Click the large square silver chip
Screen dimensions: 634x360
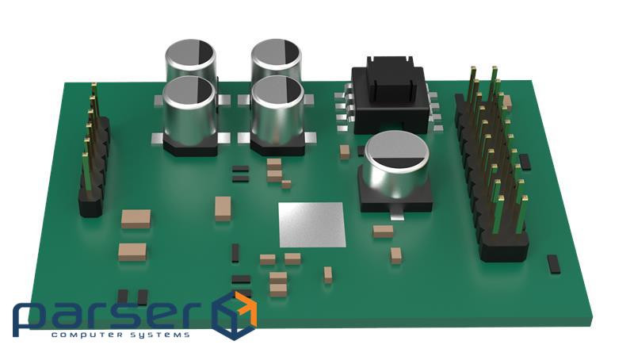[x=311, y=224]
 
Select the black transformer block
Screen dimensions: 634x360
[x=390, y=95]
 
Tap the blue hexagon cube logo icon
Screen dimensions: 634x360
[x=235, y=316]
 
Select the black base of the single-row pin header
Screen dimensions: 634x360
[x=94, y=170]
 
